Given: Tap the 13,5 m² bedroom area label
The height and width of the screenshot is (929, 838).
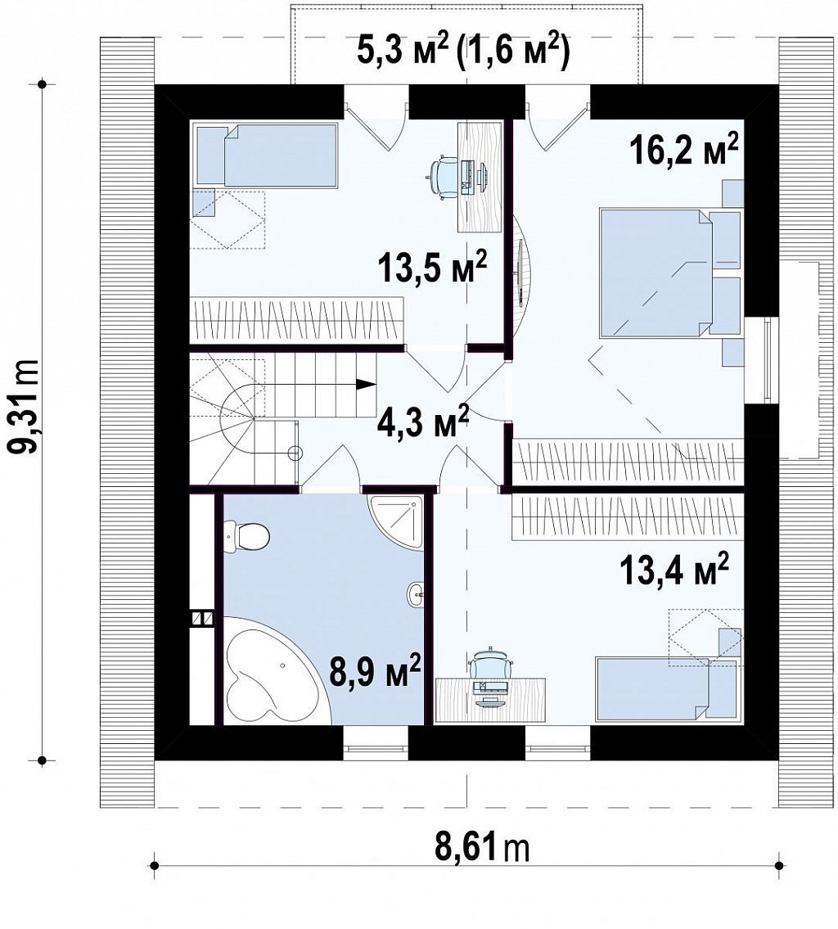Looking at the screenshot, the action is (x=432, y=269).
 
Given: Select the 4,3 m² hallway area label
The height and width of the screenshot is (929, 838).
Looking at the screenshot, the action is (x=422, y=422).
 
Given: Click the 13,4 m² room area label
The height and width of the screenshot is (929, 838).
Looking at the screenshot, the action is (x=674, y=570).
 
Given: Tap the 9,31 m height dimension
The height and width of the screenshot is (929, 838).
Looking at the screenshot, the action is (x=25, y=407).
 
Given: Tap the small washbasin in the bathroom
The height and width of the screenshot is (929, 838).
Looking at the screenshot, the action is (x=416, y=593).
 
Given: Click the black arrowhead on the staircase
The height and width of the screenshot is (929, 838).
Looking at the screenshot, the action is (x=367, y=384).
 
